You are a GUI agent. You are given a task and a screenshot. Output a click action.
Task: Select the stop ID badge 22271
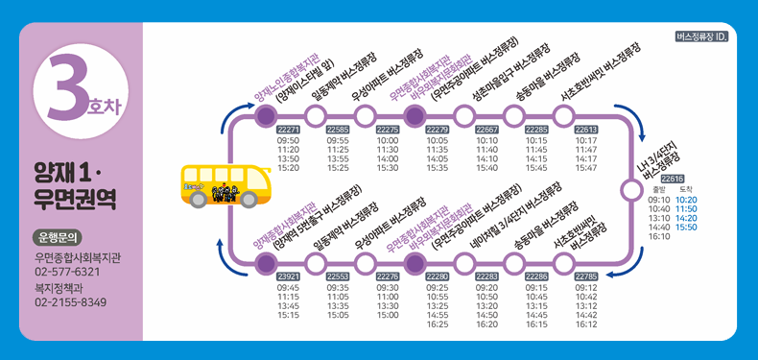[289, 129]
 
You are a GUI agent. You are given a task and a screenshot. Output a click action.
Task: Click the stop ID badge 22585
[339, 129]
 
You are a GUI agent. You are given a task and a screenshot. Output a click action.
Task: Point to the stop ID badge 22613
[586, 129]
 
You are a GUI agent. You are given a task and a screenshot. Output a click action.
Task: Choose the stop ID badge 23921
[289, 276]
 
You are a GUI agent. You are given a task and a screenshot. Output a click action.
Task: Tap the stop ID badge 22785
[586, 276]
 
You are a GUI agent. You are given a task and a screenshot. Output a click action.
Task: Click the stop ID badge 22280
[438, 276]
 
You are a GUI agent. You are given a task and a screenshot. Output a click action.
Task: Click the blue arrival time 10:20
[686, 200]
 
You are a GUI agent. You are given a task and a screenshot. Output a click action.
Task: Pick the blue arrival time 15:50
[686, 228]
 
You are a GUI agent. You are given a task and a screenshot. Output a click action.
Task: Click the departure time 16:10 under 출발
[658, 236]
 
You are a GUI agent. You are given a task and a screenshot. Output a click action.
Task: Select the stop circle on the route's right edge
[630, 189]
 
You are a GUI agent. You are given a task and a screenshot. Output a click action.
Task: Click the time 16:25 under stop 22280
[438, 324]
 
